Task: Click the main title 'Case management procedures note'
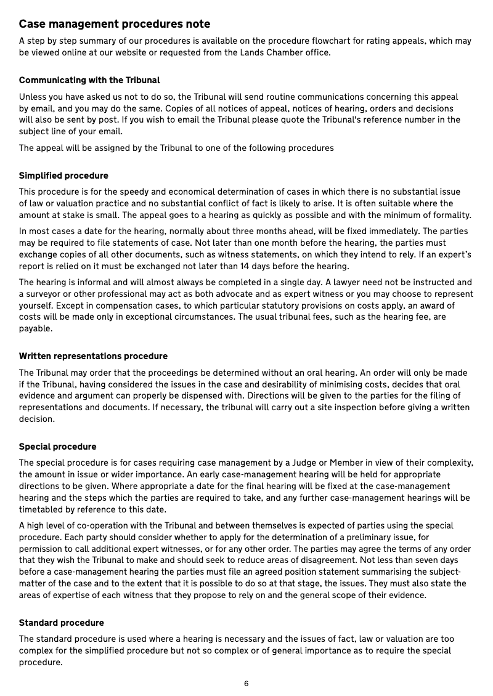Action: pyautogui.click(x=115, y=24)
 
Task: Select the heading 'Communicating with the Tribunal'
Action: pyautogui.click(x=89, y=80)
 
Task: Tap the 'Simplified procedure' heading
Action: pyautogui.click(x=63, y=176)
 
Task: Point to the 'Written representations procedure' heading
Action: pyautogui.click(x=93, y=356)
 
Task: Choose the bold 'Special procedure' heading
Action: pyautogui.click(x=57, y=447)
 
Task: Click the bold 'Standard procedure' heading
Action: pyautogui.click(x=61, y=623)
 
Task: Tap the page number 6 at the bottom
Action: pyautogui.click(x=246, y=684)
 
